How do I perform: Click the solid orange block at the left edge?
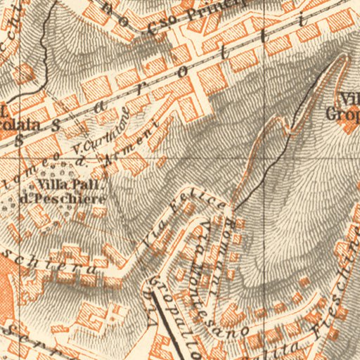6,281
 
